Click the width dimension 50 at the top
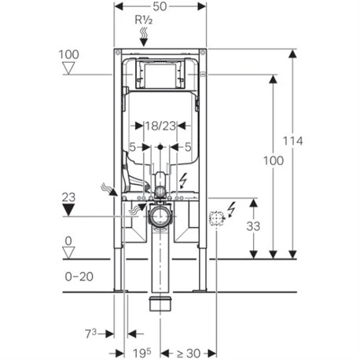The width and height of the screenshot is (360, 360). (161, 7)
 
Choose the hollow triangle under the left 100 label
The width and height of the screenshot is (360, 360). (69, 69)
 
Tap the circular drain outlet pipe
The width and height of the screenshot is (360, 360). (161, 216)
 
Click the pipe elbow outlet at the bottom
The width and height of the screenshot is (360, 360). (161, 303)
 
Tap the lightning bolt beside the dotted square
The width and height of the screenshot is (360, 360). (230, 210)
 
